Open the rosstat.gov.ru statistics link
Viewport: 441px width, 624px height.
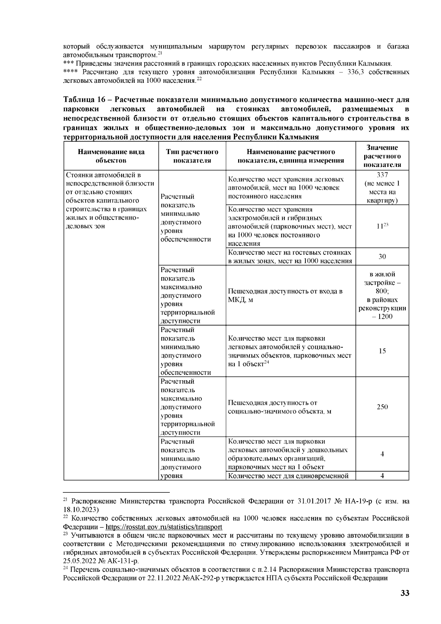click(164, 527)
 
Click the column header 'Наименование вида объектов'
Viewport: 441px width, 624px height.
click(111, 156)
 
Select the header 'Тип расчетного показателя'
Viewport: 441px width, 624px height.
click(192, 156)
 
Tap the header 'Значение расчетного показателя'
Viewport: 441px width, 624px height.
click(382, 156)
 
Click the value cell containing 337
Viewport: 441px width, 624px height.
click(382, 175)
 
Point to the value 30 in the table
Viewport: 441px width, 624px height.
click(382, 257)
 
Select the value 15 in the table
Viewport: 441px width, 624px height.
click(382, 351)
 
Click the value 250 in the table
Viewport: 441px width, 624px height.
click(382, 407)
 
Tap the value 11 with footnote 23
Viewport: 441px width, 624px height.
click(381, 226)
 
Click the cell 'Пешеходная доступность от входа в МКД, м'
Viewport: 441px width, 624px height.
click(285, 296)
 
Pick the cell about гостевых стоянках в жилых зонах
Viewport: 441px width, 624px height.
click(290, 257)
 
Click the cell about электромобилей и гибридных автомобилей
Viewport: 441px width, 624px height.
click(290, 226)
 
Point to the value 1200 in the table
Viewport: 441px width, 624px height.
click(384, 317)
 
